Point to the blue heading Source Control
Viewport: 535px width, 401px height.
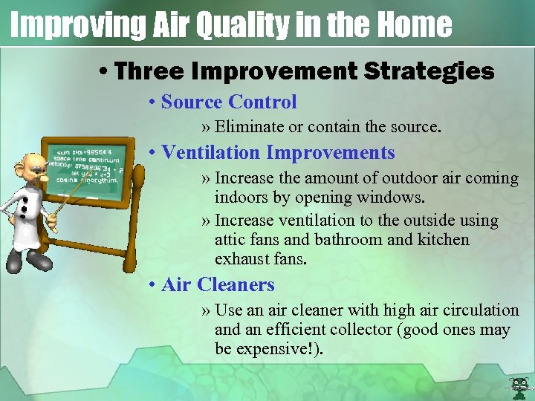click(228, 102)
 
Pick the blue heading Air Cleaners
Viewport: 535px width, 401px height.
click(217, 284)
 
